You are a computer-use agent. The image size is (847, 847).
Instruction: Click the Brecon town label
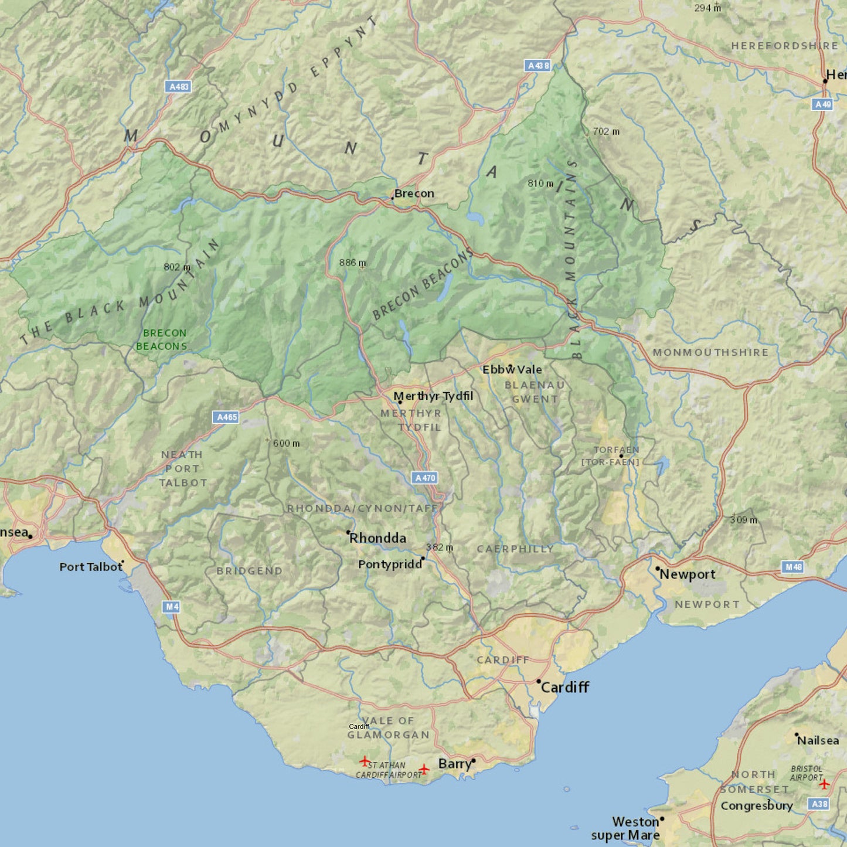(x=414, y=193)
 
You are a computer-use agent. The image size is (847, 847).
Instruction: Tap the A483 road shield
(x=178, y=87)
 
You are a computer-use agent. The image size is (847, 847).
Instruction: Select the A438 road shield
(x=538, y=66)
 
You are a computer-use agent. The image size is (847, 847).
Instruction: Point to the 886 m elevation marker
(x=352, y=263)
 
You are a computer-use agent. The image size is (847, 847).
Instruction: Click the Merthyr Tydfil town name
(x=433, y=396)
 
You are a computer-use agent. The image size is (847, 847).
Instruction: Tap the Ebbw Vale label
(x=512, y=369)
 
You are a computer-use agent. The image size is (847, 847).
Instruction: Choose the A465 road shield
(x=226, y=417)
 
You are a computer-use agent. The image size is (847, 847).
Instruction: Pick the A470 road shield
(x=425, y=478)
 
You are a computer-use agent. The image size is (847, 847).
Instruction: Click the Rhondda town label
(x=377, y=538)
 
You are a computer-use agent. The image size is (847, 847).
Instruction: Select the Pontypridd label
(x=390, y=564)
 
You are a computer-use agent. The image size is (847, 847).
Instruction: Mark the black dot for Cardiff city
(x=539, y=681)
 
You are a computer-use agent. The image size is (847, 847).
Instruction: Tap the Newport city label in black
(x=687, y=574)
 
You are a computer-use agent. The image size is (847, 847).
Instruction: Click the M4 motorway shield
(x=171, y=607)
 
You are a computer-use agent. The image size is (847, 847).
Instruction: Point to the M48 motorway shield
(x=793, y=567)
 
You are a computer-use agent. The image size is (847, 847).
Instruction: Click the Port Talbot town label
(x=91, y=567)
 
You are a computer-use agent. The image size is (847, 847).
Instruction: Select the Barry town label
(x=455, y=764)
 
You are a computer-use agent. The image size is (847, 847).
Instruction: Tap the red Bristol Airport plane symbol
(x=824, y=784)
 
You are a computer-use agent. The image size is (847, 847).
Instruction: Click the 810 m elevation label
(x=540, y=183)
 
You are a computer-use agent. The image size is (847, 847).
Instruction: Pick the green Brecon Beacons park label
(x=162, y=339)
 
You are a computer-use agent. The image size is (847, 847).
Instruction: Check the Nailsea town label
(x=818, y=740)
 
